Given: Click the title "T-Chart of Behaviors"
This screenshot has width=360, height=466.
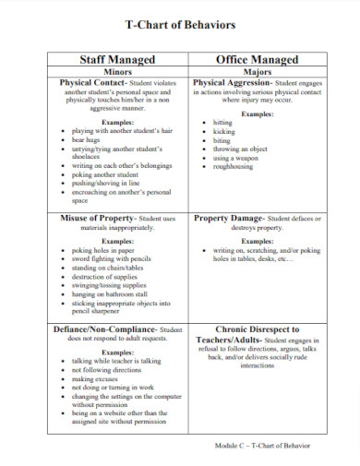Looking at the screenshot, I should click(179, 26).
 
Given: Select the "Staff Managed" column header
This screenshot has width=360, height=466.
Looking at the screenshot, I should click(116, 59).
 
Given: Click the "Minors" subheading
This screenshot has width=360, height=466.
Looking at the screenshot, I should click(117, 70).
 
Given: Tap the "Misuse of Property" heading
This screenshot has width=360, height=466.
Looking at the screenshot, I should click(96, 218).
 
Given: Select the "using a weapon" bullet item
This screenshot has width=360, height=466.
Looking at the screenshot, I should click(234, 158).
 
